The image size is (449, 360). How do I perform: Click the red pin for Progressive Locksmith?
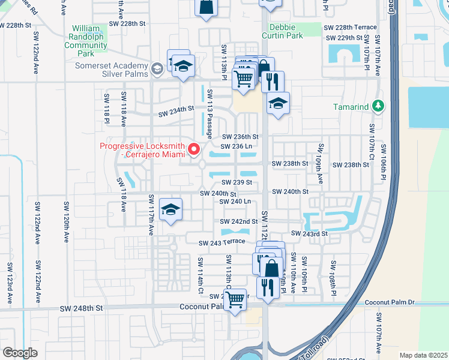click(x=194, y=149)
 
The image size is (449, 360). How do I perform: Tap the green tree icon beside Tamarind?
click(x=378, y=106)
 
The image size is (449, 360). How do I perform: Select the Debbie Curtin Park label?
click(x=286, y=32)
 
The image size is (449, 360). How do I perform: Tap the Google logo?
click(x=20, y=353)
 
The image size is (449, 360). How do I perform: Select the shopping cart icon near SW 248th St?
click(x=235, y=298)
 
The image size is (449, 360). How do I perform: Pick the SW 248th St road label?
click(x=82, y=308)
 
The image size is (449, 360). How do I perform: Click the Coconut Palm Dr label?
click(x=390, y=302)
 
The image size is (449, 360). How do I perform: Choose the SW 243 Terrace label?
click(x=222, y=242)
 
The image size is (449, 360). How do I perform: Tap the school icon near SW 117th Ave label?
click(x=171, y=209)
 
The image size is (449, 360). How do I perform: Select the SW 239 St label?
click(x=236, y=182)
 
